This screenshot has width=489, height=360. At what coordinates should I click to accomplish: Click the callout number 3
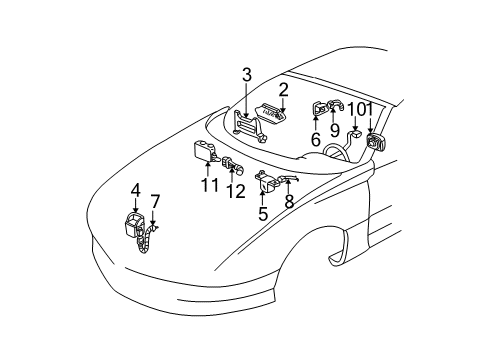click(x=246, y=74)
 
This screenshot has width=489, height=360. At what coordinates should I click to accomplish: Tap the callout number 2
click(x=284, y=89)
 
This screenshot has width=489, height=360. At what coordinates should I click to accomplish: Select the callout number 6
click(x=315, y=140)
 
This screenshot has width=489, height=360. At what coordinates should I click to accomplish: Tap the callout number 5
click(x=262, y=213)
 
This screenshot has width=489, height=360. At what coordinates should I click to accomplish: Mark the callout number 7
click(x=155, y=201)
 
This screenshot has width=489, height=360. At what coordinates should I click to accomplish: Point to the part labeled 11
click(x=206, y=150)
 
